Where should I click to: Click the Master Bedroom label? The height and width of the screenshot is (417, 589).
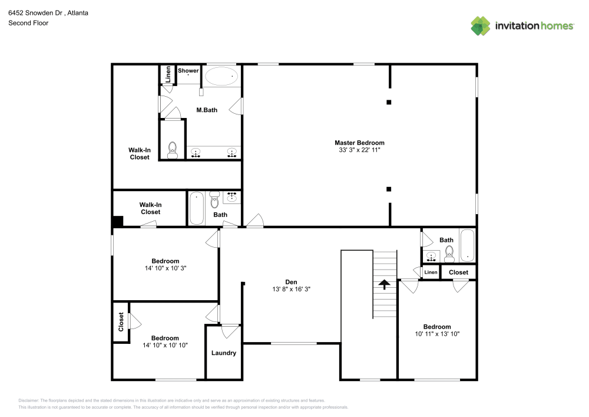359,143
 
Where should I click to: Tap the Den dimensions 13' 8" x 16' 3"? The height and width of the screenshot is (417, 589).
291,290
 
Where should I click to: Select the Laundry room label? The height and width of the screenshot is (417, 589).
223,353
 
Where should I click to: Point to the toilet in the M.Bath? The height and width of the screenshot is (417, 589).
173,150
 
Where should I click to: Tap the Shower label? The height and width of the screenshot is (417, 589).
188,71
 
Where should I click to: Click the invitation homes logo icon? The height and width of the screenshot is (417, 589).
481,26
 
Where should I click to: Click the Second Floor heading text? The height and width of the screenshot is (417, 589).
28,23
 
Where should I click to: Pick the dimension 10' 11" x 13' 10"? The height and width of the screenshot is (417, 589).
437,334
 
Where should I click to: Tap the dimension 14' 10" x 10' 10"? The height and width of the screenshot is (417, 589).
165,345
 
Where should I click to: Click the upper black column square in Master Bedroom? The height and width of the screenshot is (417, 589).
389,102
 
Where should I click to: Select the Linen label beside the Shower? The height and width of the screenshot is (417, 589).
168,74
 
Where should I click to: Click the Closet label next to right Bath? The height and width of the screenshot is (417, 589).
458,272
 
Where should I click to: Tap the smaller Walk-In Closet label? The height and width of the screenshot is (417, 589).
150,208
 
